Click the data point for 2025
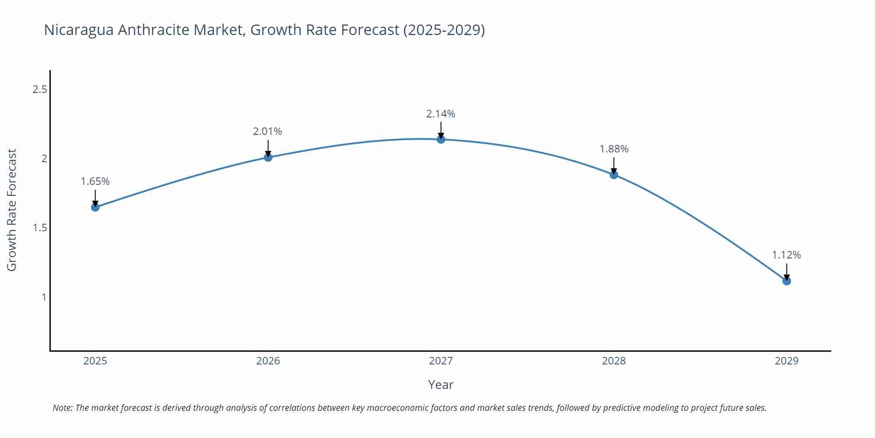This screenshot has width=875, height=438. pyautogui.click(x=95, y=207)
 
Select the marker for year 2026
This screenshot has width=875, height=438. pyautogui.click(x=268, y=157)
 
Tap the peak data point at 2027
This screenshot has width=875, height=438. pyautogui.click(x=441, y=139)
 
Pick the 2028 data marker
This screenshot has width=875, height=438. pyautogui.click(x=613, y=175)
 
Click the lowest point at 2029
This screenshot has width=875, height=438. pyautogui.click(x=786, y=281)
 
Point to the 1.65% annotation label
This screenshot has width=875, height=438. pyautogui.click(x=95, y=181)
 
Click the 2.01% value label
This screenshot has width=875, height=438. pyautogui.click(x=267, y=131)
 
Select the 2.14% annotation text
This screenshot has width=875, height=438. pyautogui.click(x=441, y=114)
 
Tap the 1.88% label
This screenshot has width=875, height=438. pyautogui.click(x=613, y=149)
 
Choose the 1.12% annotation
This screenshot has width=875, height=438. pyautogui.click(x=786, y=255)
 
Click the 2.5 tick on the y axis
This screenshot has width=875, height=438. pyautogui.click(x=40, y=89)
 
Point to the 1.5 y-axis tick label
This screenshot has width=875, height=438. pyautogui.click(x=40, y=228)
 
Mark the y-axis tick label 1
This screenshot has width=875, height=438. pyautogui.click(x=44, y=297)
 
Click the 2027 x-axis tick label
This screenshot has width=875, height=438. pyautogui.click(x=441, y=361)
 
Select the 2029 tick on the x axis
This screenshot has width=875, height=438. pyautogui.click(x=786, y=361)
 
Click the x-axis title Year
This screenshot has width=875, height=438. pyautogui.click(x=441, y=385)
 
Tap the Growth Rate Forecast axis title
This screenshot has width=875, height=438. pyautogui.click(x=12, y=210)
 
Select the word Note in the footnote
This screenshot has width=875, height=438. pyautogui.click(x=62, y=408)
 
